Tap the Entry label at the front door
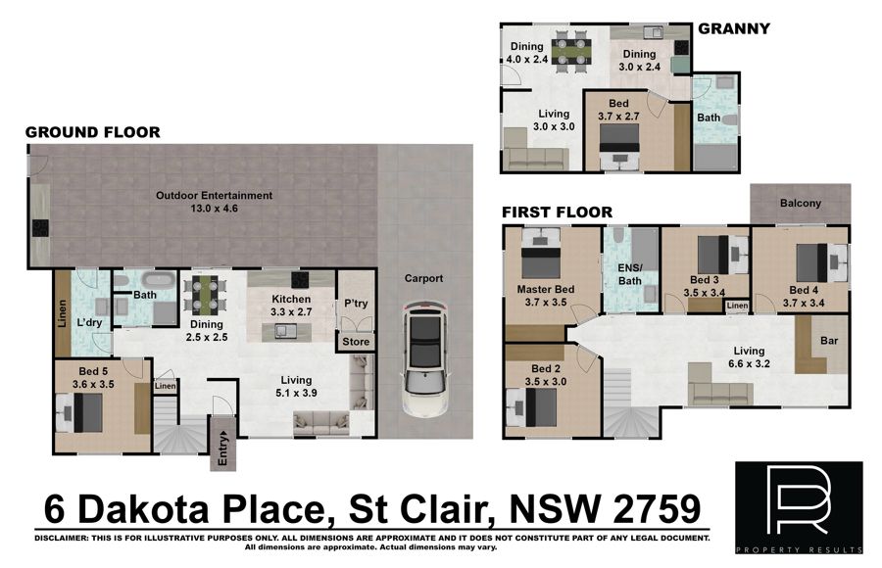pos(222,449)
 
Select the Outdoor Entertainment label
pos(214,202)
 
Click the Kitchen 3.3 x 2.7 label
pos(291,306)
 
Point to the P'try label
pos(356,304)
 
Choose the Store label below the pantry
pos(356,342)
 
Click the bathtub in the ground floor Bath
pos(159,279)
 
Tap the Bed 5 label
pos(93,371)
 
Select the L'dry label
pos(89,322)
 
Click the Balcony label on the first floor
pos(800,203)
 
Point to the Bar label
pos(828,340)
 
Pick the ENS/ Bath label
pos(629,274)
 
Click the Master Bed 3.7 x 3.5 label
pos(545,296)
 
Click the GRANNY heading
pos(733,28)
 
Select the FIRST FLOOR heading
pos(557,213)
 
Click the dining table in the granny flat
pos(571,51)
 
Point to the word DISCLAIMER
pos(61,539)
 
